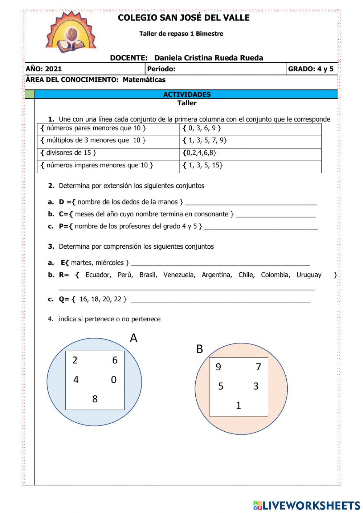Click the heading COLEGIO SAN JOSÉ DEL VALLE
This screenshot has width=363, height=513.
pos(184,18)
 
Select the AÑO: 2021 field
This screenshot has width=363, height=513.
pos(44,69)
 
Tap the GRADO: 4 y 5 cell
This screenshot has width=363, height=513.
pos(311,69)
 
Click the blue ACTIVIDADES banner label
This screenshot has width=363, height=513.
pos(187,94)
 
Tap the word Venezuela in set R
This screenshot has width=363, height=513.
pos(179,275)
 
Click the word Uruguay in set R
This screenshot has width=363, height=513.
pos(309,275)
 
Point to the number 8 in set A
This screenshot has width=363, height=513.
pos(95,399)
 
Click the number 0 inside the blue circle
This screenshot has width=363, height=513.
pos(114,380)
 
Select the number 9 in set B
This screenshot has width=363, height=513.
pos(218,367)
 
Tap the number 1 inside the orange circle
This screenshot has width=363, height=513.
pos(238,406)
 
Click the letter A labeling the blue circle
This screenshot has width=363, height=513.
pos(134,338)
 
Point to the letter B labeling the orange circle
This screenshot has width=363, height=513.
pos(199,349)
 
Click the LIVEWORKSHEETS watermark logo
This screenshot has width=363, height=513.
pos(307,505)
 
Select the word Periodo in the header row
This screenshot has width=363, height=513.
pos(161,69)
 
